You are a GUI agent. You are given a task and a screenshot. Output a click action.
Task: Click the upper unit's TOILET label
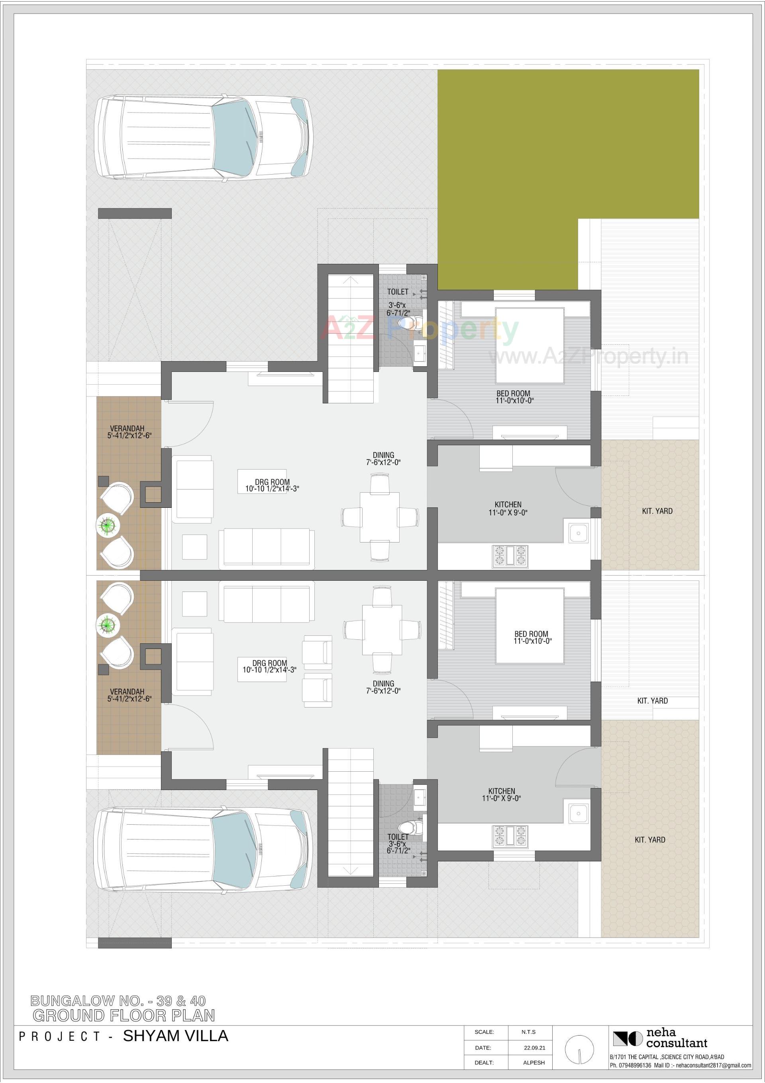pyautogui.click(x=398, y=292)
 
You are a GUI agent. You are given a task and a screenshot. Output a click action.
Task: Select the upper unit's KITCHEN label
pyautogui.click(x=508, y=504)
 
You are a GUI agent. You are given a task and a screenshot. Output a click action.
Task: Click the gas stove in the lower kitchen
pyautogui.click(x=510, y=835)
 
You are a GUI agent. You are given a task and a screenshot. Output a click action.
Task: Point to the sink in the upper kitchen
pyautogui.click(x=578, y=533)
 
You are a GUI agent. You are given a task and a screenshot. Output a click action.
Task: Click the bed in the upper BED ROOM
pyautogui.click(x=530, y=345)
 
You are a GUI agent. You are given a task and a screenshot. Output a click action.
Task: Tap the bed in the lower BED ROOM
pyautogui.click(x=530, y=625)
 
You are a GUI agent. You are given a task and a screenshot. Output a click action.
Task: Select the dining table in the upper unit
pyautogui.click(x=380, y=517)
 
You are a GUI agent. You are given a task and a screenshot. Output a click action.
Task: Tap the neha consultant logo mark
pyautogui.click(x=627, y=1039)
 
